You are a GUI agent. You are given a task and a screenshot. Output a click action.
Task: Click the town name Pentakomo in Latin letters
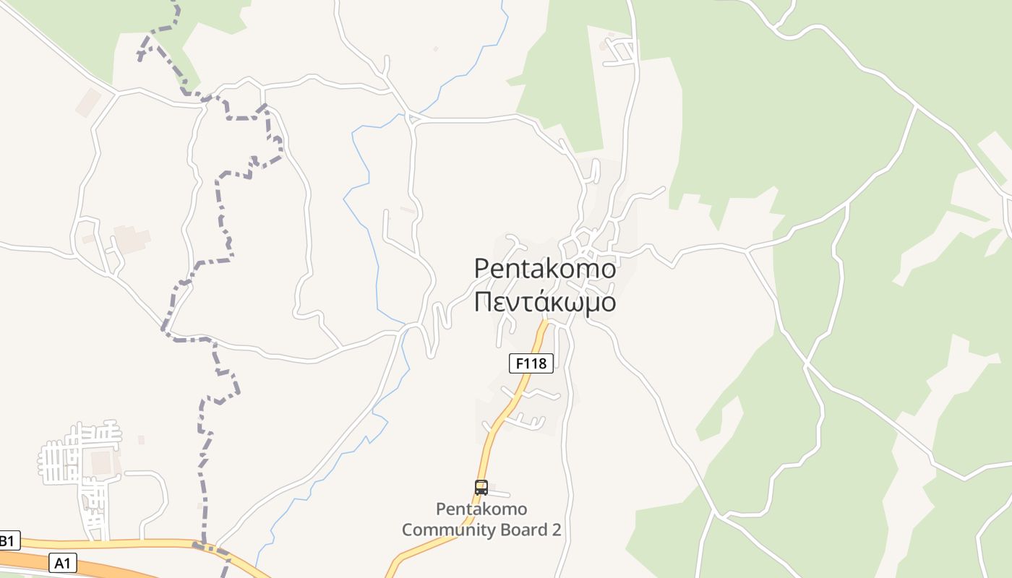[x=545, y=269]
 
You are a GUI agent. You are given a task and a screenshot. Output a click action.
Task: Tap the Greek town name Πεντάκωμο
[x=545, y=302]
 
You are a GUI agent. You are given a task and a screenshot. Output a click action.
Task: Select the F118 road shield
[x=531, y=363]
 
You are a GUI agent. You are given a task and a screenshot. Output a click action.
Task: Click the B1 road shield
[x=8, y=540]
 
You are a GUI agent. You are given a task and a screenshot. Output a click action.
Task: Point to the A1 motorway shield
[x=63, y=562]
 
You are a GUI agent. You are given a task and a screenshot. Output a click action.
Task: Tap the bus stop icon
[x=481, y=488]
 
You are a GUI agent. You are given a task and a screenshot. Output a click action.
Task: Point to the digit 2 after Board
[x=556, y=530]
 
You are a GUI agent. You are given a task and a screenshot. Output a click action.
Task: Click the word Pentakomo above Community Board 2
[x=481, y=509]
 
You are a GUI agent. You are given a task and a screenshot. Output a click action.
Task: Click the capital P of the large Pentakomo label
[x=482, y=269]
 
